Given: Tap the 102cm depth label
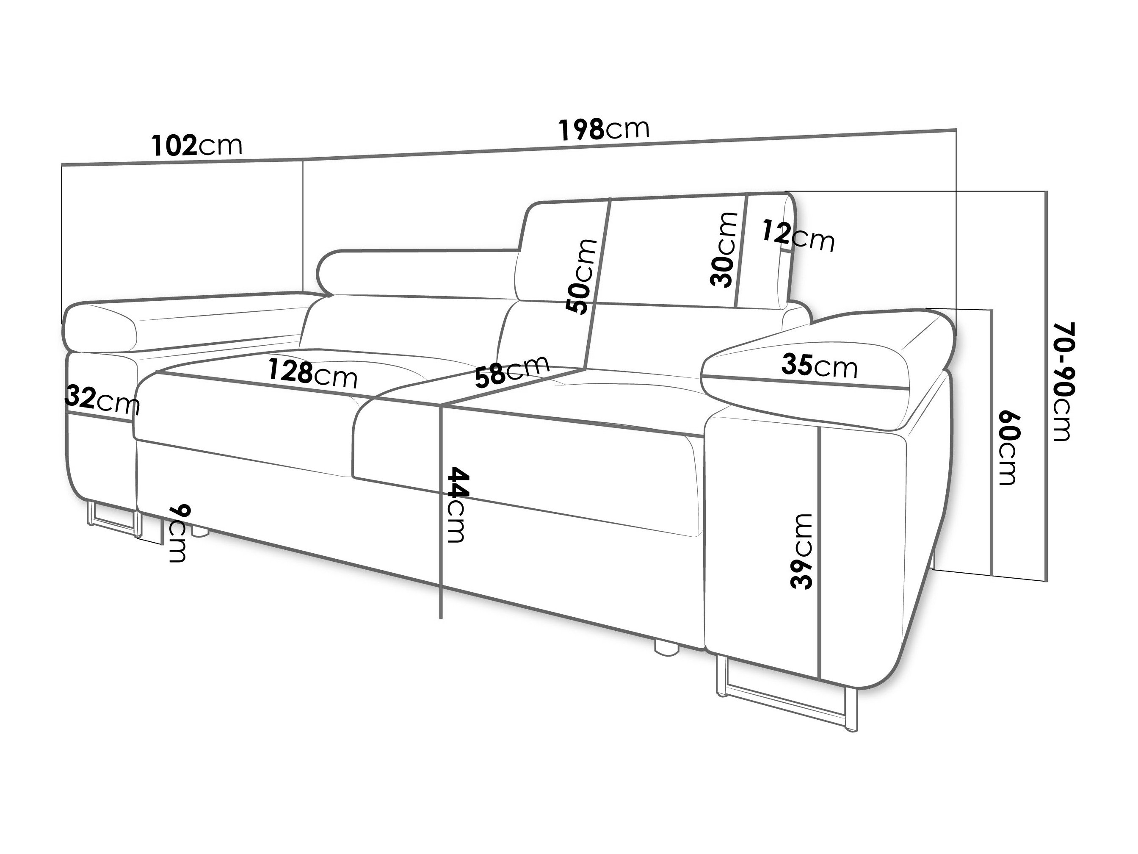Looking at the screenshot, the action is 196,146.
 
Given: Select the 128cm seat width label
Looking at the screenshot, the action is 312,374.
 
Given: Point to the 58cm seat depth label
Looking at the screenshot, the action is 512,371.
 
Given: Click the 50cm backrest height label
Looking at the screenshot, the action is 581,277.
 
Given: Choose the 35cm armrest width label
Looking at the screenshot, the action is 819,366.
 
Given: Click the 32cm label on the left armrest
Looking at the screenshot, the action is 102,399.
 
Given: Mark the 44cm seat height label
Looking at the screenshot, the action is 457,505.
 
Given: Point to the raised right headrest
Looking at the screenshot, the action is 658,250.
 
